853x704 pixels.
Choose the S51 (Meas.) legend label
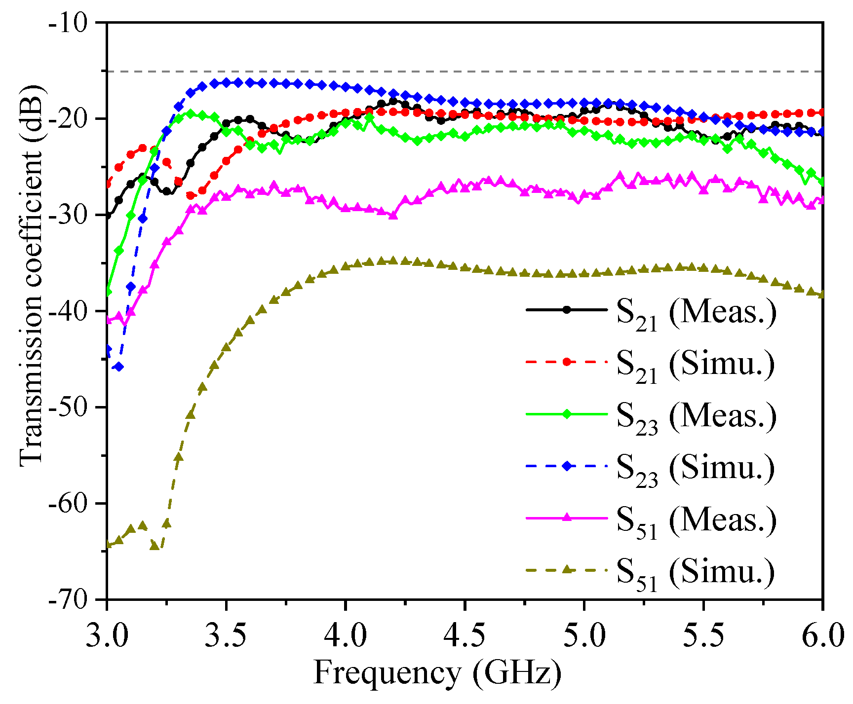696,520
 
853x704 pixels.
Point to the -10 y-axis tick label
74,23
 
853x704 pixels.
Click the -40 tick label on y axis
74,311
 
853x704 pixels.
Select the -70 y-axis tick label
74,599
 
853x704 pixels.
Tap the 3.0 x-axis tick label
107,636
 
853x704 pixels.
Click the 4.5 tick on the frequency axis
465,636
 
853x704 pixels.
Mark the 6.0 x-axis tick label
822,636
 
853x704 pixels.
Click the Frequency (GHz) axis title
437,673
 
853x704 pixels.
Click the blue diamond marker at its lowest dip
118,367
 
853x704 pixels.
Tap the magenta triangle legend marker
567,518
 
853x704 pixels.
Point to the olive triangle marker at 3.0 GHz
108,544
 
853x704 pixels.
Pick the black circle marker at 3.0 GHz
108,216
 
